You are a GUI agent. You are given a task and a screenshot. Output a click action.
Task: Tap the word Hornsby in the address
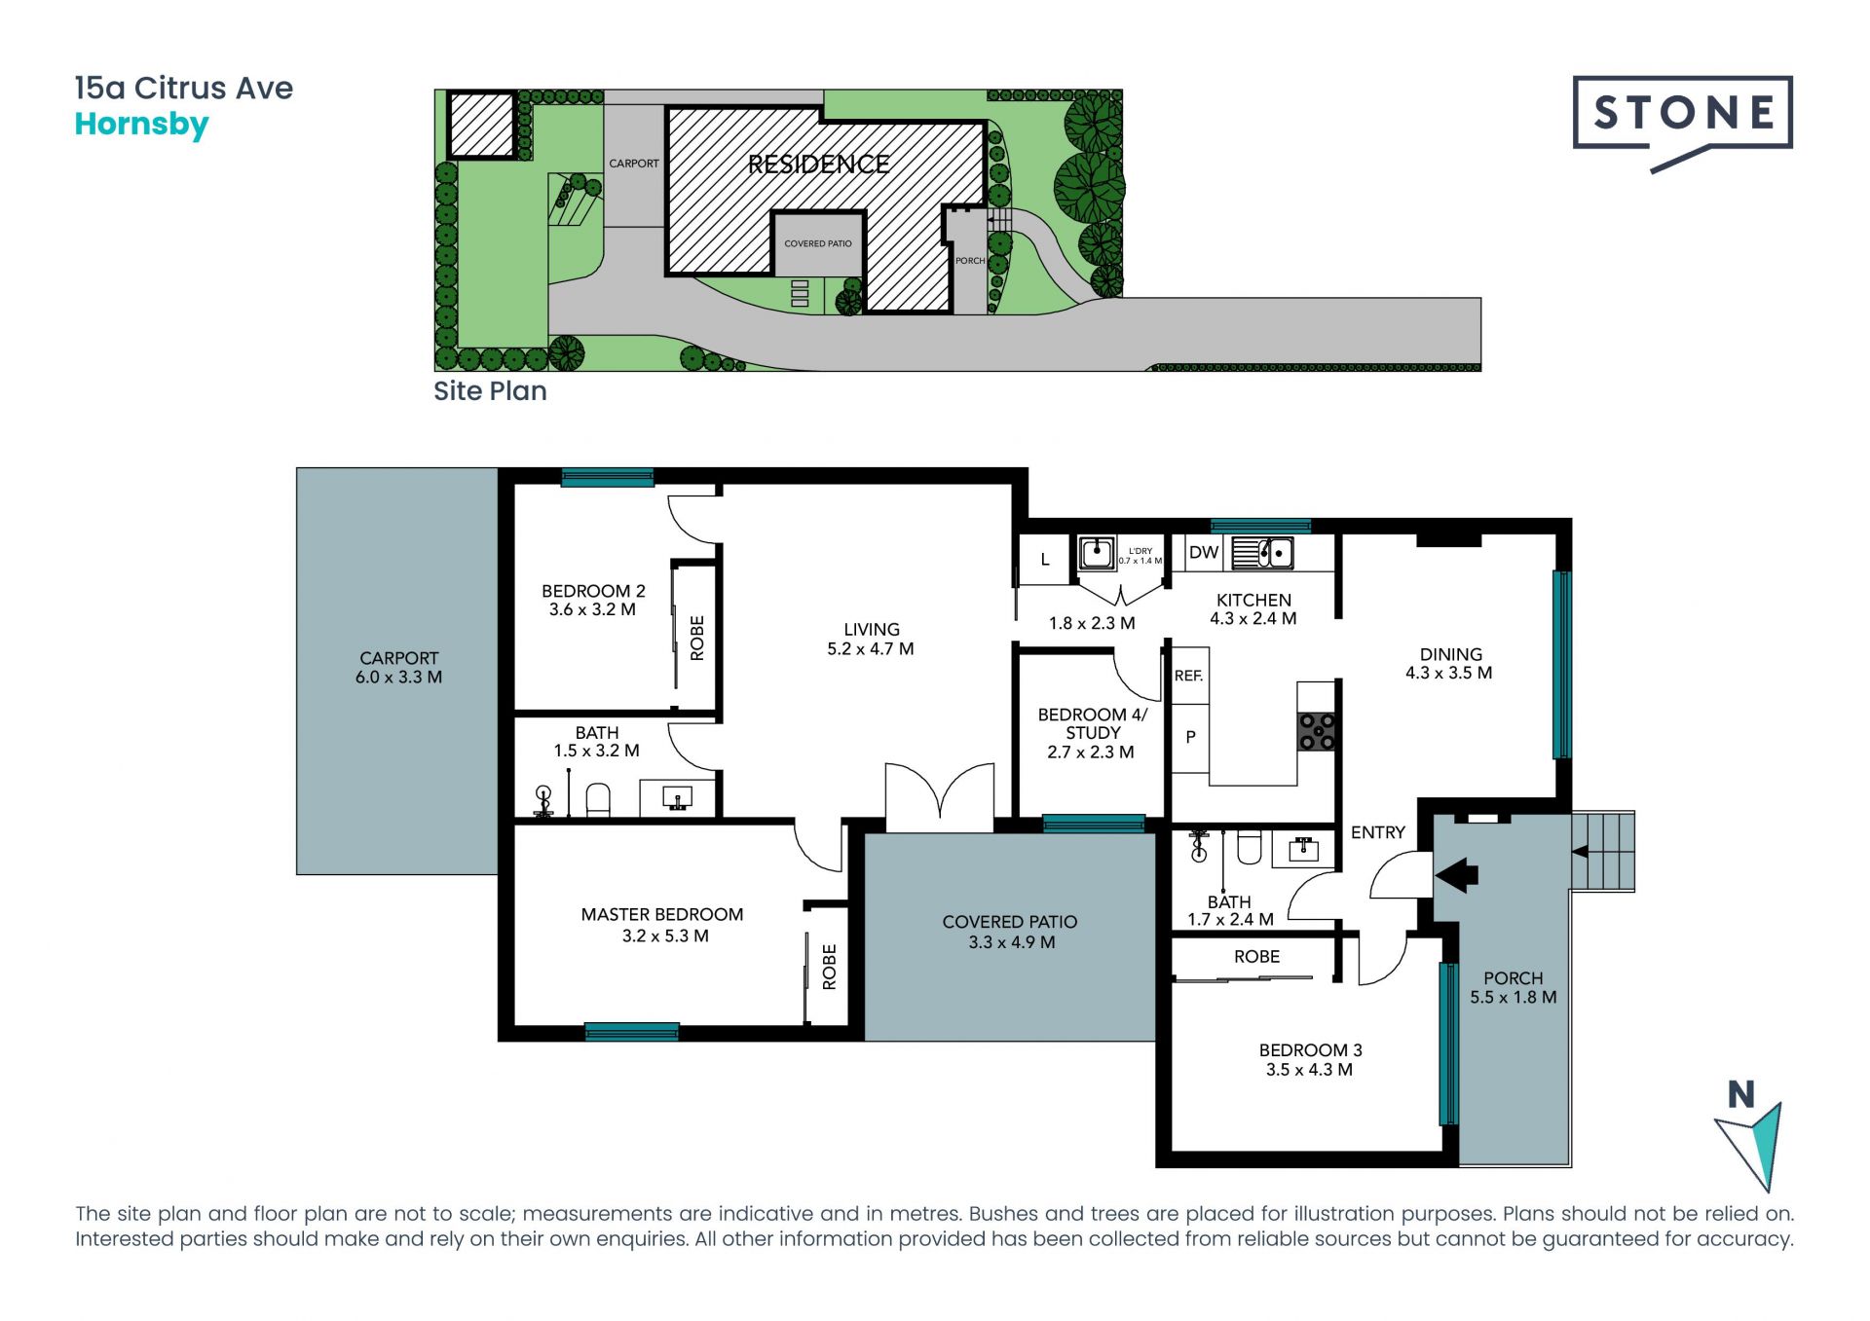click(142, 126)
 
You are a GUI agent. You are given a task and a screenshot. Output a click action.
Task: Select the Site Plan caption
click(490, 391)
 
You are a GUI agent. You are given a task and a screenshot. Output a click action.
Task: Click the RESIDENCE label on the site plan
click(818, 165)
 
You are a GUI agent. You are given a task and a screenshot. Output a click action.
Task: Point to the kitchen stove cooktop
click(1316, 731)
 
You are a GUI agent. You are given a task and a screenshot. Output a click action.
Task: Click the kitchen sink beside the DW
click(1262, 553)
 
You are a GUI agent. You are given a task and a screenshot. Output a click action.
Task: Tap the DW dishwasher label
click(1204, 552)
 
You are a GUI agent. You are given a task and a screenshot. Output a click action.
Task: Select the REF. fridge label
click(1188, 676)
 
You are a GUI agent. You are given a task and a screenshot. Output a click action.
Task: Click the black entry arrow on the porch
click(1457, 874)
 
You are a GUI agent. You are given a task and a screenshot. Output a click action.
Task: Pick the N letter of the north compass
click(1741, 1095)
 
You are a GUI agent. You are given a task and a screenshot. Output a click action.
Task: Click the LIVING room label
click(872, 630)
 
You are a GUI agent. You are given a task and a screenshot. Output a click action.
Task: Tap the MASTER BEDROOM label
click(662, 915)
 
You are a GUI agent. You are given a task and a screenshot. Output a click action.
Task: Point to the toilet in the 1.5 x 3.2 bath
click(598, 799)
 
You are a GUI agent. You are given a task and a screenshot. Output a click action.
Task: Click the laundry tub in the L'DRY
click(1097, 554)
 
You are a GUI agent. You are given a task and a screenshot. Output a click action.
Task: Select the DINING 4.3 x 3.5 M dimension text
click(1449, 673)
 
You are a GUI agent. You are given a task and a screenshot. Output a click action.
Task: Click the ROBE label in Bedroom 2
click(697, 638)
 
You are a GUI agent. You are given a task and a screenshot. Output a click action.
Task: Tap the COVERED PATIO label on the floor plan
click(1010, 922)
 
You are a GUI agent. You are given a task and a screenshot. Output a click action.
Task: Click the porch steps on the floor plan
click(1603, 852)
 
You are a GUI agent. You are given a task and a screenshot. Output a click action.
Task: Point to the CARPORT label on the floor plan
click(399, 659)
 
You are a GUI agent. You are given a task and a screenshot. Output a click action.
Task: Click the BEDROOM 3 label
click(1311, 1050)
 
